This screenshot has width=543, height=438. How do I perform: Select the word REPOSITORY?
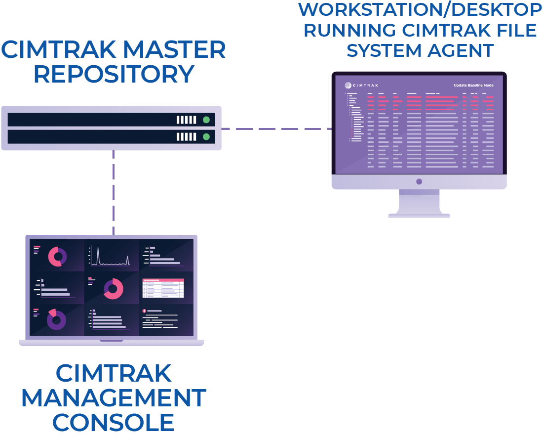(x=114, y=74)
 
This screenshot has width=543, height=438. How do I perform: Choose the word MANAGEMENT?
(x=114, y=398)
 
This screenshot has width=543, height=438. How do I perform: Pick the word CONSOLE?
(x=114, y=423)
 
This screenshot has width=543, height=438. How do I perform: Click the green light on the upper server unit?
(x=206, y=120)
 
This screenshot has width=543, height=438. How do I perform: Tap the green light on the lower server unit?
(x=206, y=137)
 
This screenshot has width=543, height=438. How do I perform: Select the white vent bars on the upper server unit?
(x=187, y=120)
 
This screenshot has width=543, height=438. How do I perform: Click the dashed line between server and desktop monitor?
(x=276, y=129)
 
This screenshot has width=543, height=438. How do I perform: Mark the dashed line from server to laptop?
(x=113, y=193)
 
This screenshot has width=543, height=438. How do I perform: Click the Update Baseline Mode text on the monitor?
(x=473, y=85)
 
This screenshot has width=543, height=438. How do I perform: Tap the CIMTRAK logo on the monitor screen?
(x=362, y=85)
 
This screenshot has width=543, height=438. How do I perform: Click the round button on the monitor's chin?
(x=419, y=181)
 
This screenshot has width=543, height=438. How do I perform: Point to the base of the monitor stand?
(x=419, y=215)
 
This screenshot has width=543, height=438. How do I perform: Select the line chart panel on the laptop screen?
(x=111, y=256)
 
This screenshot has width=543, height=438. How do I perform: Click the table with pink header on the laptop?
(x=163, y=288)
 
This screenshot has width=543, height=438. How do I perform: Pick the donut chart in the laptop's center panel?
(x=114, y=289)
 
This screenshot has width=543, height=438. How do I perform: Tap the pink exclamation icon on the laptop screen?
(x=144, y=311)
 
